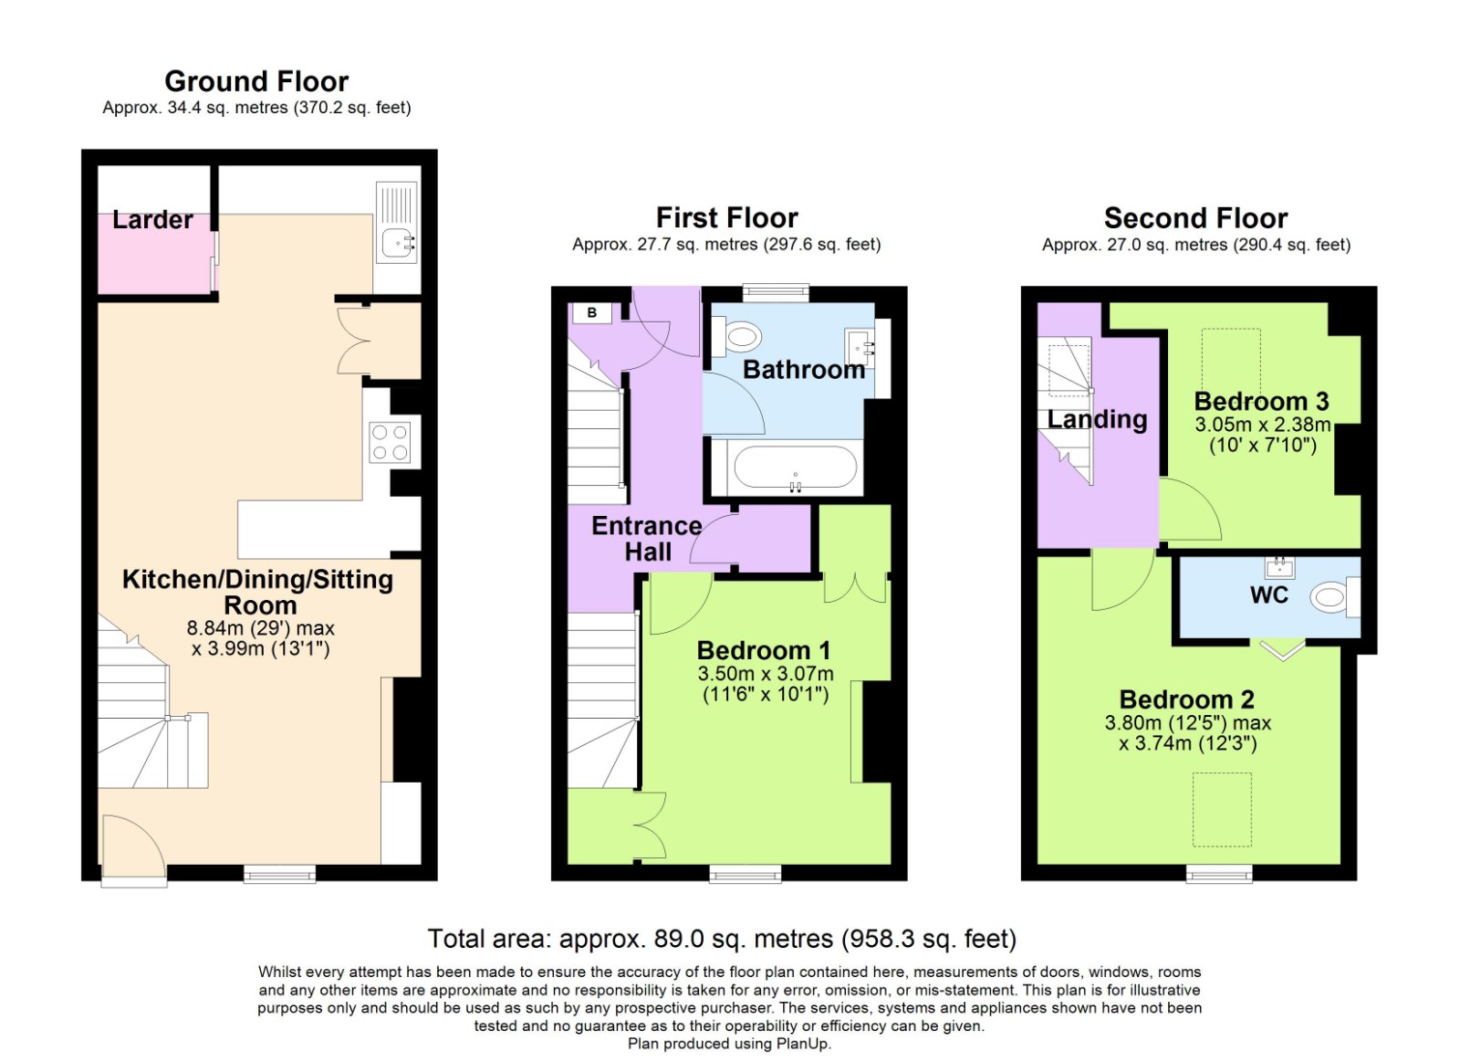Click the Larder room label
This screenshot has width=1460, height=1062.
click(152, 220)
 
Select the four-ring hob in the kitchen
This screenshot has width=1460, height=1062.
click(390, 442)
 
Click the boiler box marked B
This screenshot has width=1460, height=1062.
click(592, 313)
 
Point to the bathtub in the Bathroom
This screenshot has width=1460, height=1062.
click(795, 467)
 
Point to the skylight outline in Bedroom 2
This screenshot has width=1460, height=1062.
click(1222, 810)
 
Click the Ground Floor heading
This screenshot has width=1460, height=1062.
click(256, 81)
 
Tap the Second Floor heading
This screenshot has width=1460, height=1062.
click(1195, 218)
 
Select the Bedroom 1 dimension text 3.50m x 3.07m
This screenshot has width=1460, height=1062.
click(766, 673)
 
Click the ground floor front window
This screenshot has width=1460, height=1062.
click(279, 874)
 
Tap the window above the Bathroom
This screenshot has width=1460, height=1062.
click(776, 293)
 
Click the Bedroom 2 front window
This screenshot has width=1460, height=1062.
click(1219, 874)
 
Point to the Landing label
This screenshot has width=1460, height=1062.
click(1097, 419)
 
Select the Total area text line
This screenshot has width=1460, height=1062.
click(722, 939)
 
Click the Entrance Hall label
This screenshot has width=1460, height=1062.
click(647, 539)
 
